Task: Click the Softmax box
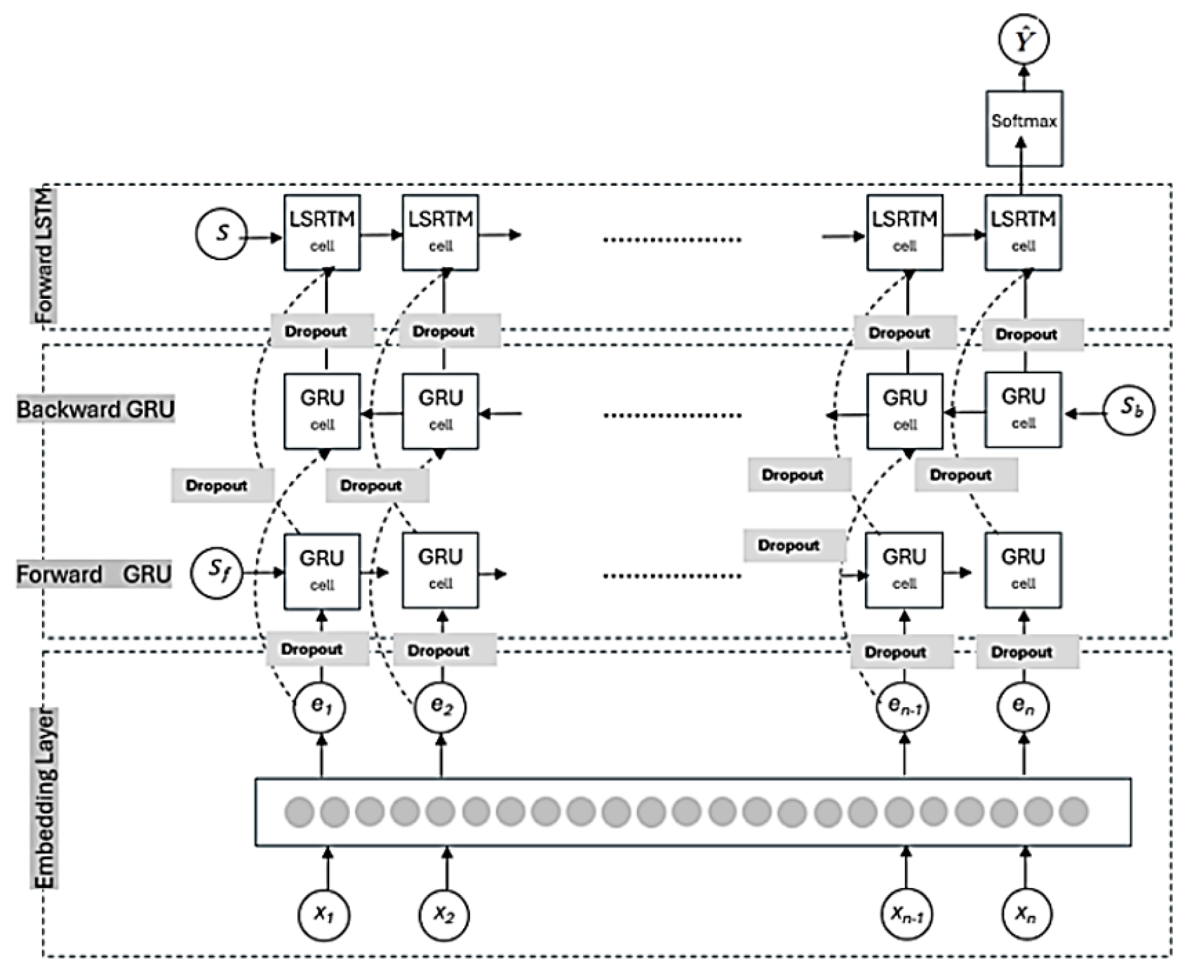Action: coord(1024,129)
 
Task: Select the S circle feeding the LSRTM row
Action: coord(222,234)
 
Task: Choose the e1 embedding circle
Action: coord(319,707)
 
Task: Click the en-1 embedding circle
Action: coord(903,707)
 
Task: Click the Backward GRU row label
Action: coord(95,409)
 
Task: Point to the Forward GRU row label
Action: coord(93,575)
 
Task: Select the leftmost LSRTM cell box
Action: coord(322,232)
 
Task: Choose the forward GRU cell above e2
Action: coord(440,570)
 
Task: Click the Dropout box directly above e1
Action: coord(317,649)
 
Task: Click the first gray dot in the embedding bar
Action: coord(300,812)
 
